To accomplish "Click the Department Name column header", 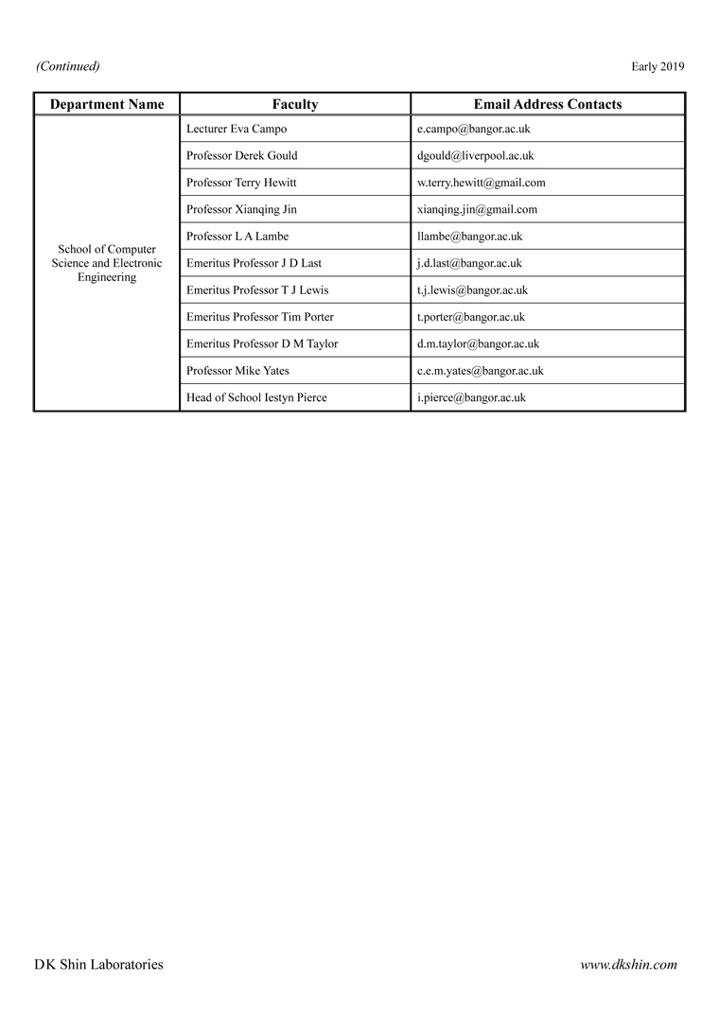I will pyautogui.click(x=107, y=104).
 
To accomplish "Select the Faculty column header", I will pyautogui.click(x=295, y=104).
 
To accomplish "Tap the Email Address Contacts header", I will pyautogui.click(x=547, y=104).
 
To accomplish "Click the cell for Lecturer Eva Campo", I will pyautogui.click(x=237, y=129).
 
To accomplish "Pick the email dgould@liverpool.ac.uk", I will pyautogui.click(x=475, y=155).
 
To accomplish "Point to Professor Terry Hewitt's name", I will pyautogui.click(x=241, y=183).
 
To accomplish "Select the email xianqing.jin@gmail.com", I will pyautogui.click(x=477, y=209).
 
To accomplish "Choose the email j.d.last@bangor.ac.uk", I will pyautogui.click(x=469, y=263).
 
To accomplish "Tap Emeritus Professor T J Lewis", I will pyautogui.click(x=257, y=290).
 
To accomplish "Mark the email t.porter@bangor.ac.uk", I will pyautogui.click(x=470, y=317).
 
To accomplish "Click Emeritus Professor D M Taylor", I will pyautogui.click(x=262, y=344).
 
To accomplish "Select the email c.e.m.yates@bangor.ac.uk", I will pyautogui.click(x=480, y=371).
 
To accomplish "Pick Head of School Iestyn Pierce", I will pyautogui.click(x=256, y=398).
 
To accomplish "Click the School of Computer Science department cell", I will pyautogui.click(x=107, y=263).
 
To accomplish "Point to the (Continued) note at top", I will pyautogui.click(x=68, y=66).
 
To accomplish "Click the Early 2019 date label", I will pyautogui.click(x=658, y=66).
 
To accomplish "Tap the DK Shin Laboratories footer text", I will pyautogui.click(x=98, y=965).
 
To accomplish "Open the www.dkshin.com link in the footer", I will pyautogui.click(x=628, y=965).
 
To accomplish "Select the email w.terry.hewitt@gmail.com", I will pyautogui.click(x=481, y=183).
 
